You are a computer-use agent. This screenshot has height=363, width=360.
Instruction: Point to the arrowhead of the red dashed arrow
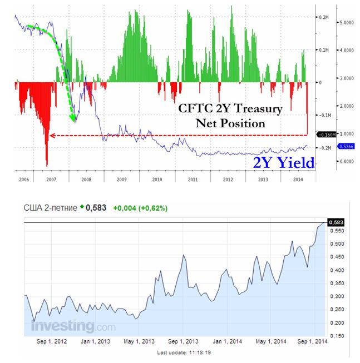(x=51, y=135)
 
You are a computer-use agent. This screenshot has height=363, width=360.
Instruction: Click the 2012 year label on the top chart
(x=228, y=181)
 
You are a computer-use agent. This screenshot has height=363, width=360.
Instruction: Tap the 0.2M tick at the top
(x=323, y=17)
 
